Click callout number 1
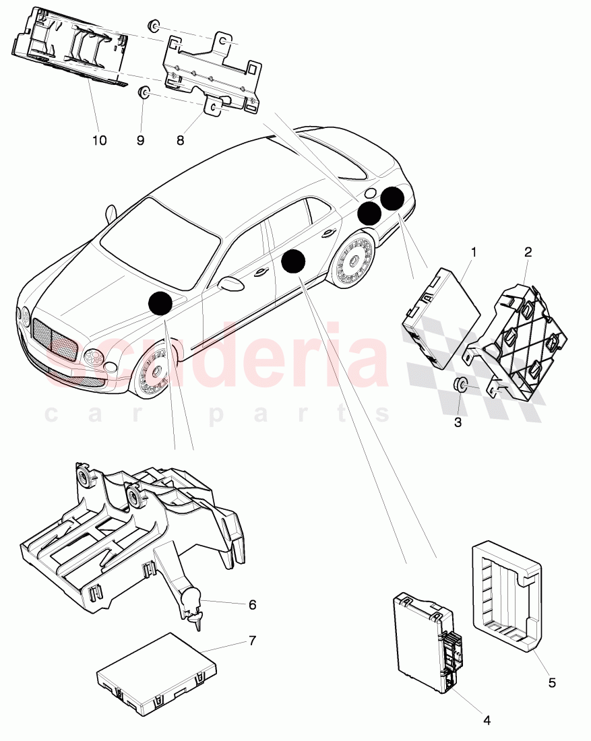(474, 253)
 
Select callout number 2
(528, 253)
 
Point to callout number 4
(487, 720)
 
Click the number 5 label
(552, 682)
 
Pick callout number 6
(252, 605)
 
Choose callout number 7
(252, 640)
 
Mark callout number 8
(180, 140)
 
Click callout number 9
(141, 140)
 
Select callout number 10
(100, 140)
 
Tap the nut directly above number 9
(144, 93)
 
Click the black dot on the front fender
(160, 304)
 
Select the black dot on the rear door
(293, 261)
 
